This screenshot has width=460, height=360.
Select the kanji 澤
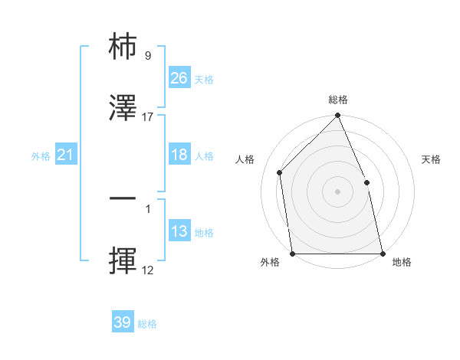pyautogui.click(x=123, y=109)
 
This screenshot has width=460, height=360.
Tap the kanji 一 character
pyautogui.click(x=123, y=198)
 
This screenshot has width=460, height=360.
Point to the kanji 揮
pyautogui.click(x=123, y=261)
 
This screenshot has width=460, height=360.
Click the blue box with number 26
pyautogui.click(x=179, y=77)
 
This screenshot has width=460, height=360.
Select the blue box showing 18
pyautogui.click(x=179, y=155)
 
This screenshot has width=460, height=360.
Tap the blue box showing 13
pyautogui.click(x=179, y=231)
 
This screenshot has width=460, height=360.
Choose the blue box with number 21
pyautogui.click(x=66, y=155)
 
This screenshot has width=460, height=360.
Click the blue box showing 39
pyautogui.click(x=122, y=322)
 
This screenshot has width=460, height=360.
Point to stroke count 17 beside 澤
pyautogui.click(x=148, y=117)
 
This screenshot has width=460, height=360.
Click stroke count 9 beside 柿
pyautogui.click(x=148, y=55)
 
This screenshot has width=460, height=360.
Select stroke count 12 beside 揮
pyautogui.click(x=148, y=270)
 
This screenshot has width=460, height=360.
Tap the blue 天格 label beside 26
pyautogui.click(x=204, y=79)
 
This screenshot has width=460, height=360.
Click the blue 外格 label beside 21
pyautogui.click(x=41, y=156)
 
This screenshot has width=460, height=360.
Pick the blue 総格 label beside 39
pyautogui.click(x=148, y=324)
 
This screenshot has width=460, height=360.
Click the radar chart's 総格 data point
pyautogui.click(x=337, y=116)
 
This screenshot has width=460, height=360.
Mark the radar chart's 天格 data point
pyautogui.click(x=366, y=182)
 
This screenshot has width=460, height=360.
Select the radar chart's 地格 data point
pyautogui.click(x=383, y=254)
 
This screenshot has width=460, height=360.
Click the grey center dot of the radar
pyautogui.click(x=337, y=191)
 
